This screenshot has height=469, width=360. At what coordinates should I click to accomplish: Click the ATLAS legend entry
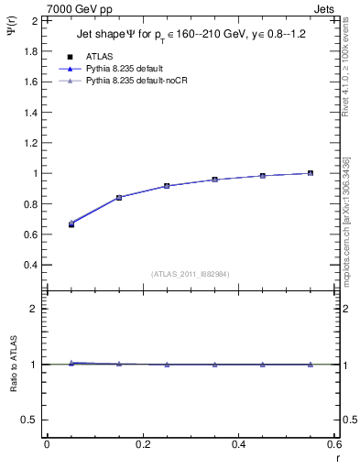point(98,57)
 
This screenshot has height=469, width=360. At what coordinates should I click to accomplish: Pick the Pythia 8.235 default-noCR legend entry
point(142,82)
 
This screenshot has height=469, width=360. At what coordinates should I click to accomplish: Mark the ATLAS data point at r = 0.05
point(71,224)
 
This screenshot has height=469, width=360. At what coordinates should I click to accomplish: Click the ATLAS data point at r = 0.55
point(311,173)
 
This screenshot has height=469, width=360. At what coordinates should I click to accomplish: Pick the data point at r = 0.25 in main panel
point(167,186)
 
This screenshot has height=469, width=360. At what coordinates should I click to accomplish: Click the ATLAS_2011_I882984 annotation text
point(191,274)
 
